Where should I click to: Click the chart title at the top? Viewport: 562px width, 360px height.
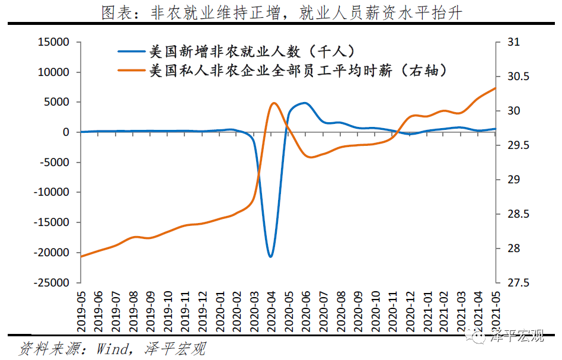[x=281, y=12]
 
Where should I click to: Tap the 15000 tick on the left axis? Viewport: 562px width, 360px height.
[x=53, y=42]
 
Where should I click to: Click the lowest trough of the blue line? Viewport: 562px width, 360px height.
[x=271, y=257]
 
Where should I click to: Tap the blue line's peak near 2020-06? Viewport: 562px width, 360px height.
[x=305, y=103]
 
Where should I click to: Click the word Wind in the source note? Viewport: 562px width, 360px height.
[x=113, y=349]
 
